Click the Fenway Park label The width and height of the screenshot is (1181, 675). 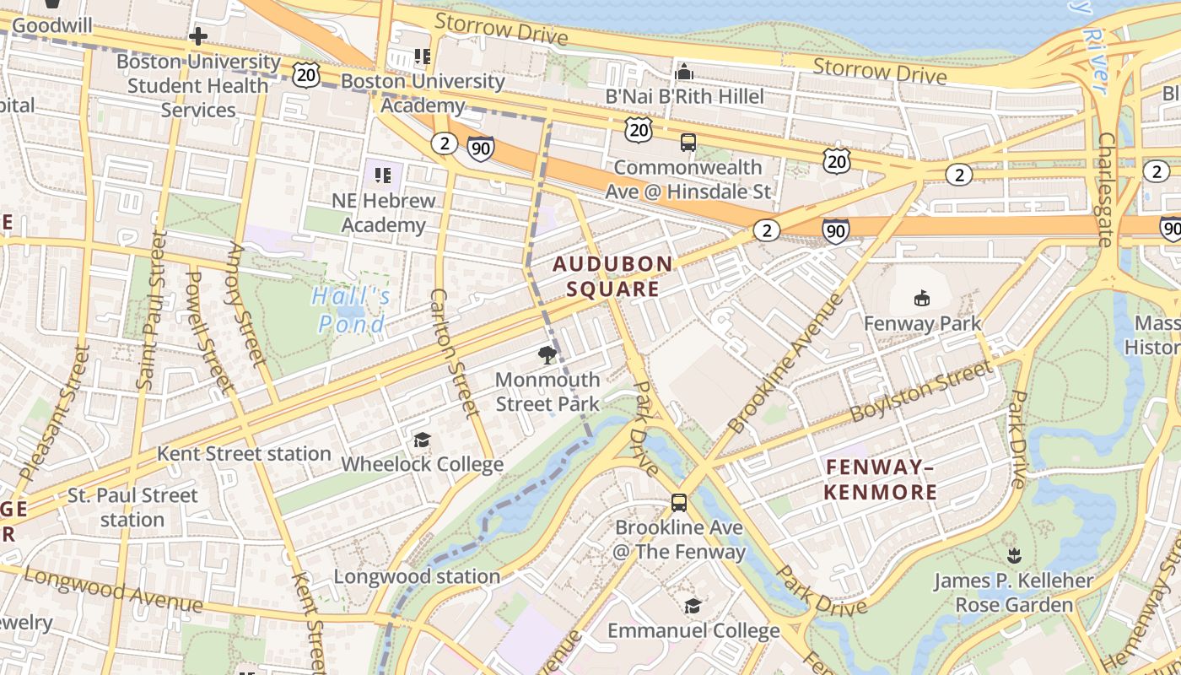click(x=922, y=323)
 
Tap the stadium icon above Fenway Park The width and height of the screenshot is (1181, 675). click(x=922, y=298)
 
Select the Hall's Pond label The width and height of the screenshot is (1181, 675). click(x=352, y=310)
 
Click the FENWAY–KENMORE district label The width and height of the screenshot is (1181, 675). click(x=881, y=479)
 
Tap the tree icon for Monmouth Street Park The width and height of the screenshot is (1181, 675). click(x=547, y=354)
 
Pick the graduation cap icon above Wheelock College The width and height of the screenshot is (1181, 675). click(x=422, y=440)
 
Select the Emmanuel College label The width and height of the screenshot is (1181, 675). click(x=693, y=630)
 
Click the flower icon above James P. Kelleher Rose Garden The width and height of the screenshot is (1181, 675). click(x=1014, y=555)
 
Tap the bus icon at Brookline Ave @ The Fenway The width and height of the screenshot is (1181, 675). click(x=679, y=503)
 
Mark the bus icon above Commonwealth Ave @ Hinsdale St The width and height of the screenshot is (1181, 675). click(x=688, y=143)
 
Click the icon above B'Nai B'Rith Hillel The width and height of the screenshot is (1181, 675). click(x=685, y=72)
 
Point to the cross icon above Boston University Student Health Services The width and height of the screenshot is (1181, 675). click(x=198, y=36)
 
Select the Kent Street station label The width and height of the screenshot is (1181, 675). click(x=244, y=453)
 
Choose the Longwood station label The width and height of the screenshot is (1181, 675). click(x=417, y=576)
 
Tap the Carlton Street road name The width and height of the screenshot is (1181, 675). click(x=455, y=352)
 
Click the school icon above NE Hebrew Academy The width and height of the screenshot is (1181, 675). click(x=383, y=175)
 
